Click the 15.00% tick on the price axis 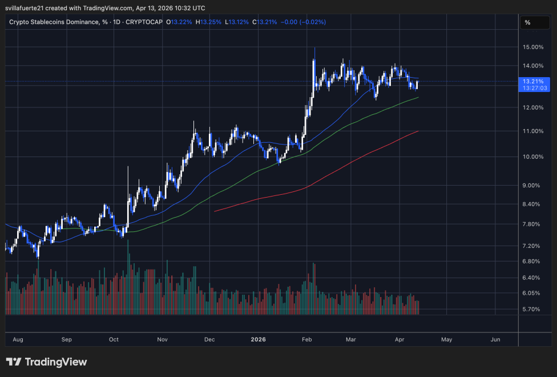coord(532,47)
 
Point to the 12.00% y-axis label coord(532,107)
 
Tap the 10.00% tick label coord(532,157)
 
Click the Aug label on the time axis coord(18,339)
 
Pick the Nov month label coord(162,339)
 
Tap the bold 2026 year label coord(259,339)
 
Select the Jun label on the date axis coord(495,339)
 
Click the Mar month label coord(350,339)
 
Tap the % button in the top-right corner coord(527,22)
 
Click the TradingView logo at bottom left coord(46,362)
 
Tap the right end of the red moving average coord(419,131)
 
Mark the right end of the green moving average coord(419,97)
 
